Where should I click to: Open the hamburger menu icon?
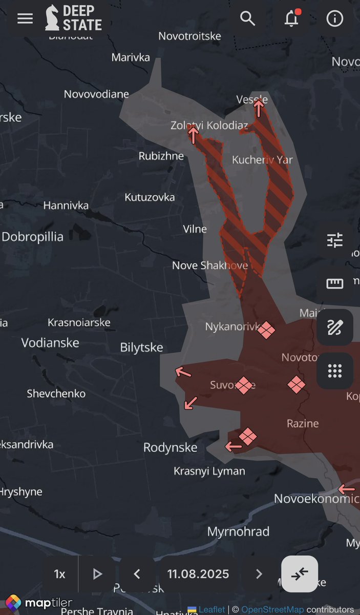click(25, 19)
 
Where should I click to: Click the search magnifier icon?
click(248, 19)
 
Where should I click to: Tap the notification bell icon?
click(291, 19)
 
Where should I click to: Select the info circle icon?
click(335, 19)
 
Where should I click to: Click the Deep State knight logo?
click(52, 18)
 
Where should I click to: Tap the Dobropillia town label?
click(33, 237)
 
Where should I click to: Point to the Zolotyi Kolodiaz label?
click(209, 125)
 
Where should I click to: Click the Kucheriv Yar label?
click(262, 160)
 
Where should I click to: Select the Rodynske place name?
click(170, 447)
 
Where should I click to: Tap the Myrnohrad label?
click(238, 531)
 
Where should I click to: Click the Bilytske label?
click(141, 347)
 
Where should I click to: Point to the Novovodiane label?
click(96, 94)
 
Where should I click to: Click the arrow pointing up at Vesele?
click(259, 108)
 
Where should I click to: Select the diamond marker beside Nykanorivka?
click(266, 330)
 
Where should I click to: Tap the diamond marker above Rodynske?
click(248, 436)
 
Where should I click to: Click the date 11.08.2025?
click(198, 574)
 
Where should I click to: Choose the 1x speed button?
click(60, 574)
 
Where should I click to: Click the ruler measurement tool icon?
click(334, 283)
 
